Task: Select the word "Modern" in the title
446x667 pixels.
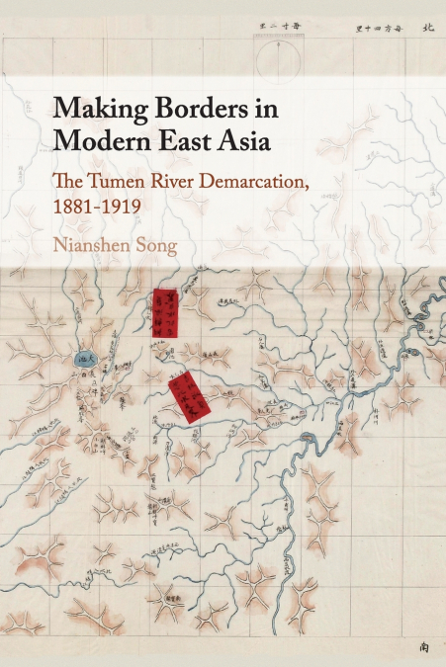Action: click(99, 140)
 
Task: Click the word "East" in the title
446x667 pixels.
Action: click(178, 140)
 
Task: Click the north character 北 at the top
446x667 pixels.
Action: click(427, 30)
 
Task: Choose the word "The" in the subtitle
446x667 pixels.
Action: click(71, 181)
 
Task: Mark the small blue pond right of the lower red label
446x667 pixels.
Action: click(307, 437)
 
